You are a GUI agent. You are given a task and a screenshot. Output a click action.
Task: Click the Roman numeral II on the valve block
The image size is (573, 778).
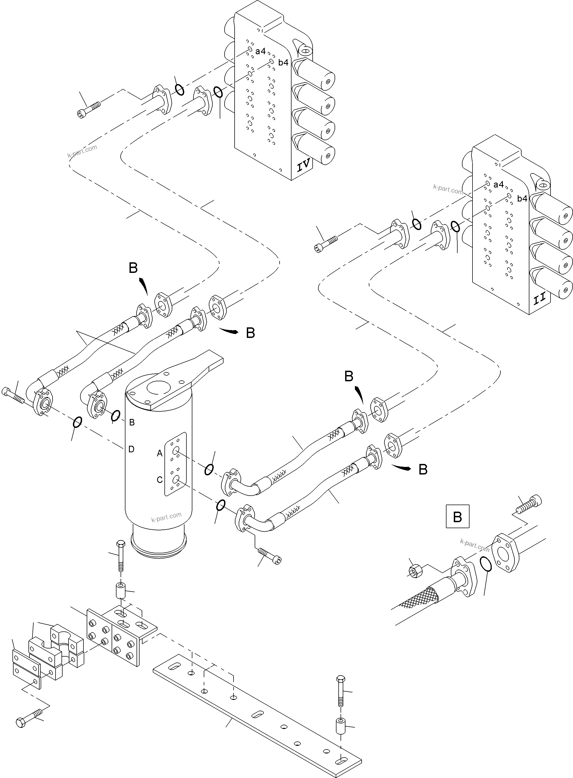point(540,299)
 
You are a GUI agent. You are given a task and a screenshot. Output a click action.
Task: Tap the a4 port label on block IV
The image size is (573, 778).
point(260,51)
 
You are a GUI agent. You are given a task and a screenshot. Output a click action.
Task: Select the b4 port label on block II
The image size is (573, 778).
point(522,198)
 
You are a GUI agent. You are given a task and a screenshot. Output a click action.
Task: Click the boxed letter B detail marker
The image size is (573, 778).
point(457,516)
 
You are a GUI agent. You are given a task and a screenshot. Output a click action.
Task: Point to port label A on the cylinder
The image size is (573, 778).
point(160,453)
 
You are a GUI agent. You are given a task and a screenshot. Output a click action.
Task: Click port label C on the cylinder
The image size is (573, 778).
point(160,480)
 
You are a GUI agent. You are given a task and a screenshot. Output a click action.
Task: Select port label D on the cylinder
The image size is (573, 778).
point(131,450)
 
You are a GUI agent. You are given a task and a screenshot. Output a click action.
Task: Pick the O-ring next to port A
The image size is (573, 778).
point(209,469)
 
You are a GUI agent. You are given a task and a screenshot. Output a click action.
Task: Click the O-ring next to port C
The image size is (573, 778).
point(221,505)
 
